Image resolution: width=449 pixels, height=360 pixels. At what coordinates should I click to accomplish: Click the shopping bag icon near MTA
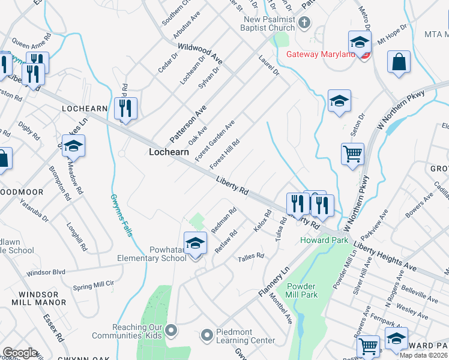[399, 62]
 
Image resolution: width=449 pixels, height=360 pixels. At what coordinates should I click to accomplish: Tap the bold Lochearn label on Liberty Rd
[169, 152]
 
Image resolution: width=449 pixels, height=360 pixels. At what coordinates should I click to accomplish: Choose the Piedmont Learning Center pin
[207, 335]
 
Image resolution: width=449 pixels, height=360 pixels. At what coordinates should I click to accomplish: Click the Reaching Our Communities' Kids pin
[172, 330]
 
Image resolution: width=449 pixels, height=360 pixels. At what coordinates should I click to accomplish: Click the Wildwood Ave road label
[200, 53]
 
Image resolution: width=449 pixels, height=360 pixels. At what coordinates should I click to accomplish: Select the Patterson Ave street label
[188, 123]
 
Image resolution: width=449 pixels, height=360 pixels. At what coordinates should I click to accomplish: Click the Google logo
[20, 353]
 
